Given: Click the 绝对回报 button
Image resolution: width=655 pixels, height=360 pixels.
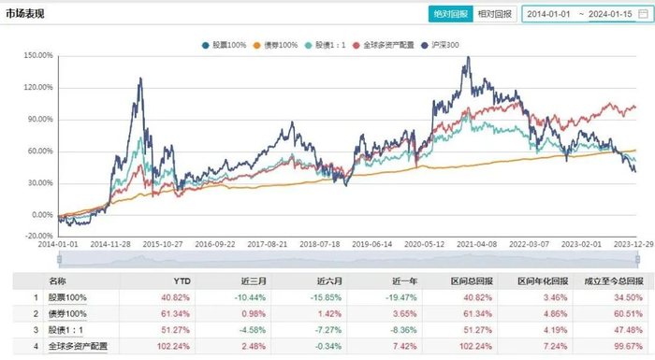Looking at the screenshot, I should click(449, 14).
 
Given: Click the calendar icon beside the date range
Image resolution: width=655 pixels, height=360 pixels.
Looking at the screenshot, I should click(642, 14).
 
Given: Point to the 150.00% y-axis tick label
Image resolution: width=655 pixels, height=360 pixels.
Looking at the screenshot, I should click(37, 55).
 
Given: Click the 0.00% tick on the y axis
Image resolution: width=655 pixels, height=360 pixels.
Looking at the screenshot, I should click(40, 214).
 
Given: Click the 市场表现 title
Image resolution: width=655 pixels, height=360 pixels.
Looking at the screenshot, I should click(25, 14).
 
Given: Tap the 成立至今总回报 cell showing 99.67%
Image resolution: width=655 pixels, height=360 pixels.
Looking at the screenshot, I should click(616, 346).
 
